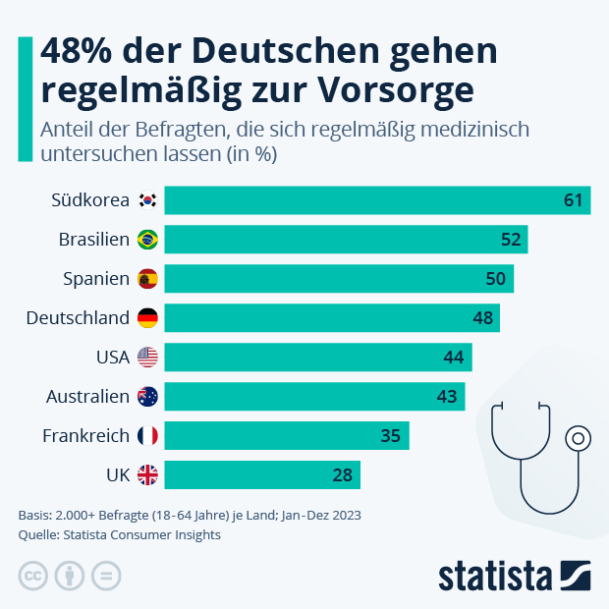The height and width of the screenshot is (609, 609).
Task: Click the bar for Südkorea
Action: click(x=377, y=200)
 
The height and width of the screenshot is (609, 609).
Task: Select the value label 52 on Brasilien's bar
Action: click(x=511, y=240)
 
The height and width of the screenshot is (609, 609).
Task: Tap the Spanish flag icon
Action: click(x=147, y=279)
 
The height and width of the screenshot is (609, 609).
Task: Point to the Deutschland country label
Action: click(x=78, y=318)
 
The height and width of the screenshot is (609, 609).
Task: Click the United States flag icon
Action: click(x=147, y=358)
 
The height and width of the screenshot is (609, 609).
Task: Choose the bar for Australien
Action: click(x=314, y=397)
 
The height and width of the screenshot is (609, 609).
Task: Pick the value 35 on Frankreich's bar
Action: click(x=390, y=436)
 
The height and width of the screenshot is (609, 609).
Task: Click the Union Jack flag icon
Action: click(x=147, y=475)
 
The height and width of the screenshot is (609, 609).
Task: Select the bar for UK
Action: click(x=262, y=475)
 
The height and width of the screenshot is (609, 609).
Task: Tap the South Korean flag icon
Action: click(x=147, y=200)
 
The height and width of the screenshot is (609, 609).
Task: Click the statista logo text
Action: click(x=496, y=576)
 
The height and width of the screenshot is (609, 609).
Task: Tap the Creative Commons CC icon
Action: click(x=32, y=576)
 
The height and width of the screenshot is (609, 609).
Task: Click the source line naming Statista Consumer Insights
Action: click(x=120, y=535)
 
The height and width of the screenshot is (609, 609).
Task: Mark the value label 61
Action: click(x=574, y=200)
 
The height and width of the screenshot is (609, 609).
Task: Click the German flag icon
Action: click(x=147, y=318)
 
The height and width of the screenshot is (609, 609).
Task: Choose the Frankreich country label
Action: click(x=86, y=436)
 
